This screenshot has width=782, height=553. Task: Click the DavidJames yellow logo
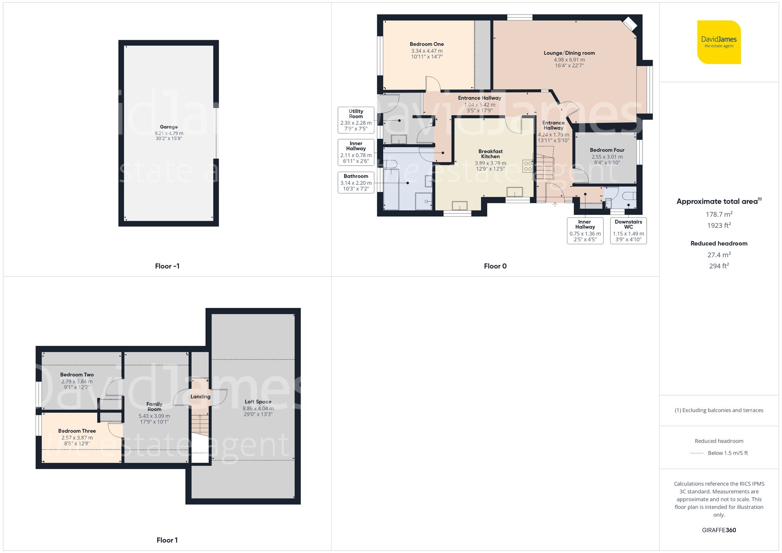point(719,42)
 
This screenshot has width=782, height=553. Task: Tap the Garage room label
point(169,127)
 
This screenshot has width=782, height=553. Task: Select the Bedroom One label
point(427,45)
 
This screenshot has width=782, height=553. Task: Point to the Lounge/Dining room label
point(569,53)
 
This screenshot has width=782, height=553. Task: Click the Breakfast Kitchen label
point(490,154)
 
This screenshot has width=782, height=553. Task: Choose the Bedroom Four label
point(607,150)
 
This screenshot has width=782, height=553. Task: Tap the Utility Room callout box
point(356,120)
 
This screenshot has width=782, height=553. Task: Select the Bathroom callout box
point(356,183)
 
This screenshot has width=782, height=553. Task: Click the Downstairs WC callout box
point(628,231)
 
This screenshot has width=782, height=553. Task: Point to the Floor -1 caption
point(167,266)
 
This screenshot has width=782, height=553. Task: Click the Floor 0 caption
point(495,266)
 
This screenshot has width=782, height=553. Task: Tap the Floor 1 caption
point(167,540)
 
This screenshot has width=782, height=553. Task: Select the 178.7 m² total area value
point(719,214)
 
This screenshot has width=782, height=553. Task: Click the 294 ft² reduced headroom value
point(719,266)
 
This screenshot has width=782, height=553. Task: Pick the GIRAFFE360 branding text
point(719,530)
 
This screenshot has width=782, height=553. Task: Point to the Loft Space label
point(258,402)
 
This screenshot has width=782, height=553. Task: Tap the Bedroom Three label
point(77,431)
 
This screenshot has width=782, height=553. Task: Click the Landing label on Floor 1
point(200,397)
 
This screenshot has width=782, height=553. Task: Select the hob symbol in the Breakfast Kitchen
point(527,166)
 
